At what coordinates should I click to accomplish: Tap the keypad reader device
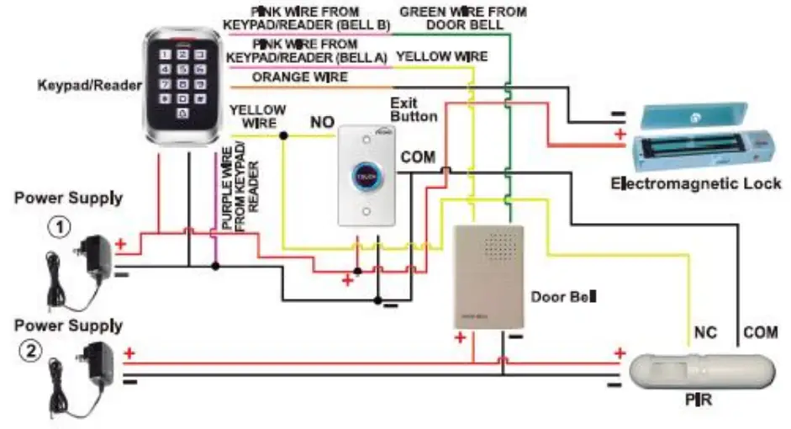182,83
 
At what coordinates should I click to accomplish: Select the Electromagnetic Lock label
695,183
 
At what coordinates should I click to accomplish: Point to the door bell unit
488,278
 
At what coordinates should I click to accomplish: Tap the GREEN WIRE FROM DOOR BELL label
463,19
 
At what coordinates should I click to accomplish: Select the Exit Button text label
414,109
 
